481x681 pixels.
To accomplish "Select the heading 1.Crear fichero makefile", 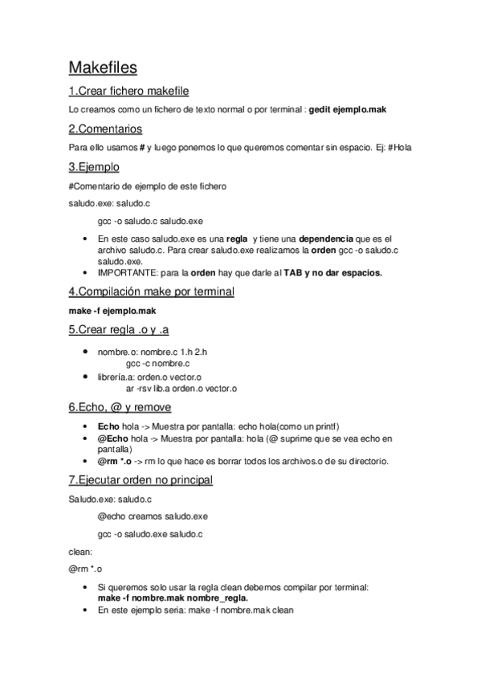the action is [128, 91].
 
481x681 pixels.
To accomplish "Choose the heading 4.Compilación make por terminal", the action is [151, 292].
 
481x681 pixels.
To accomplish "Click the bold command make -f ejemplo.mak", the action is [112, 310].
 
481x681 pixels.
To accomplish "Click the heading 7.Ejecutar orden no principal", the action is [141, 480].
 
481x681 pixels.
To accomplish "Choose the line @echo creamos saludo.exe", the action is [153, 516].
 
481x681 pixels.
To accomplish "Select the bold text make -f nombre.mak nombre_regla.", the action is [173, 598].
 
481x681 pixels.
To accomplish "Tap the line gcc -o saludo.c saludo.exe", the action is [150, 220].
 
